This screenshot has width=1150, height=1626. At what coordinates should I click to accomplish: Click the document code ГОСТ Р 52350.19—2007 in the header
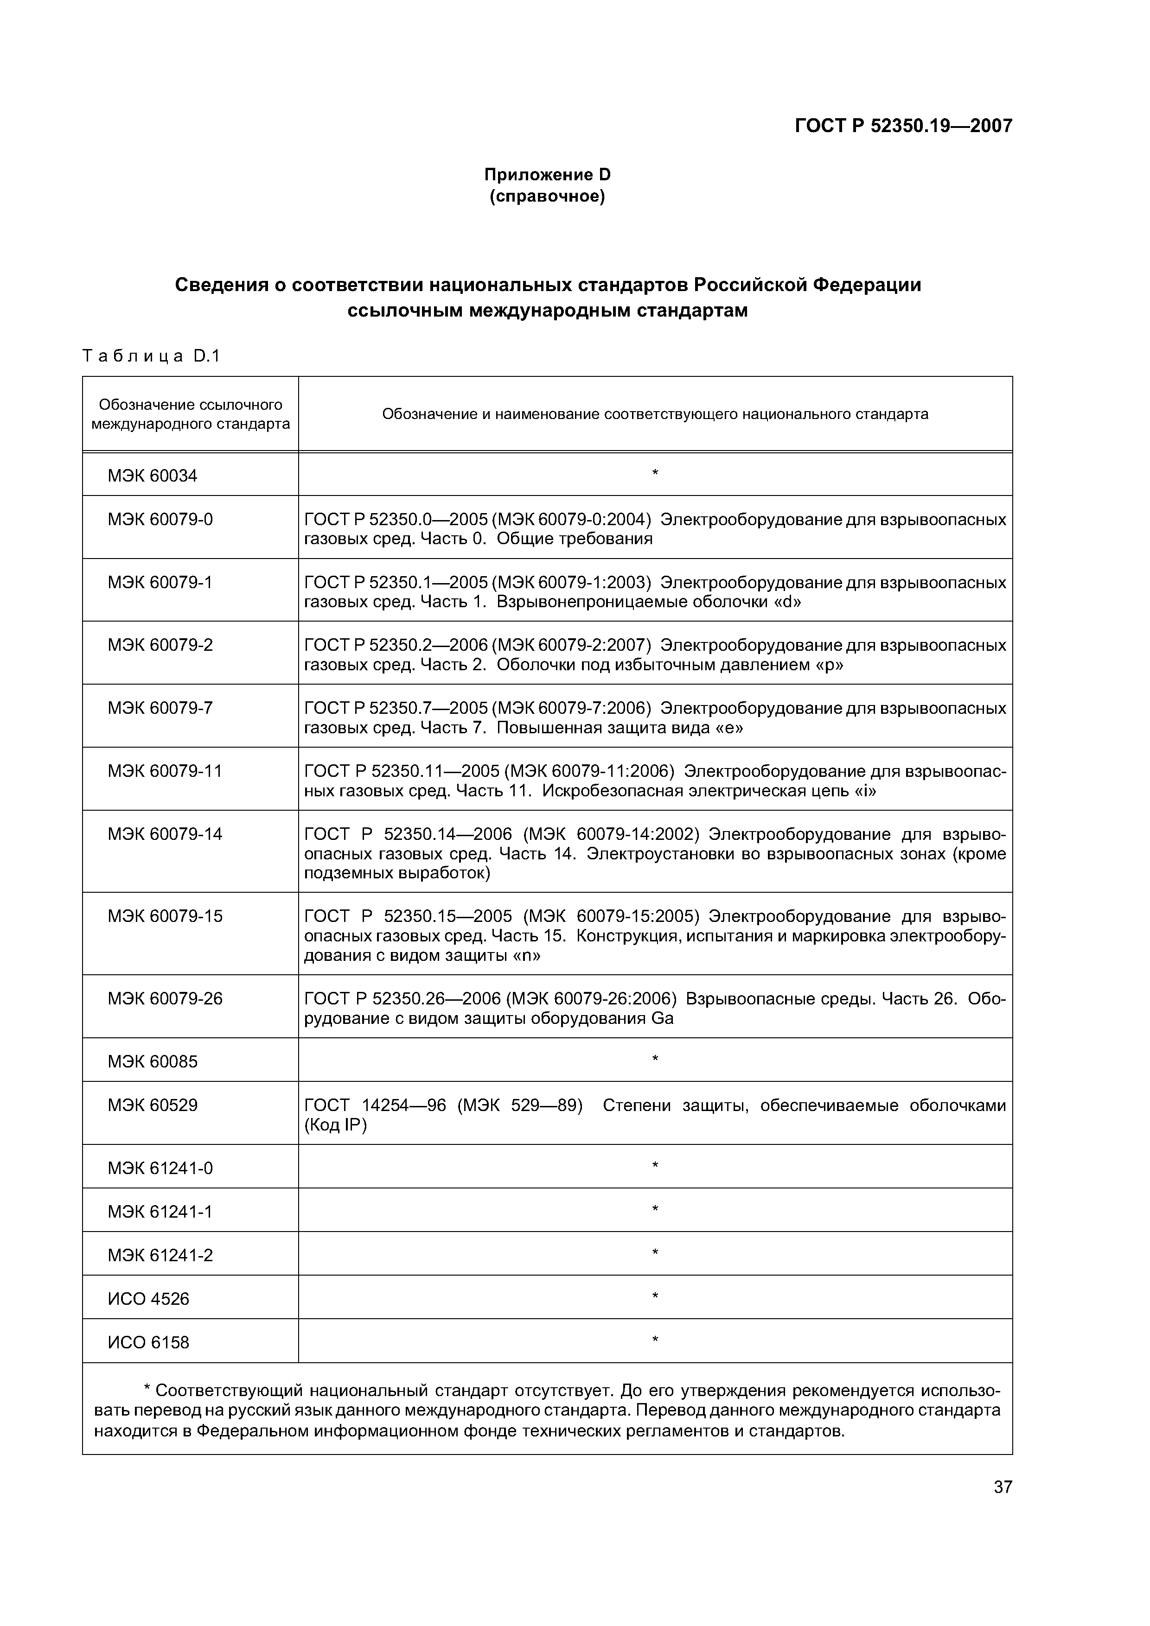903,126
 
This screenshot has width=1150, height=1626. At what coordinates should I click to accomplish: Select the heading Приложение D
547,174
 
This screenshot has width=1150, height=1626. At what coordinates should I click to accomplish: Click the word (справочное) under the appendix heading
547,196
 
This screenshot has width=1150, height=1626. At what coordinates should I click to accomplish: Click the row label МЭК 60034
153,475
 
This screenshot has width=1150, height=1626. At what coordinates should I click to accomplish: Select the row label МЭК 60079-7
160,707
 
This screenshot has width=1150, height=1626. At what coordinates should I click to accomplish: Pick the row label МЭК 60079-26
165,998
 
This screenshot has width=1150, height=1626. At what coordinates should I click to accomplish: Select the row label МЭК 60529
153,1105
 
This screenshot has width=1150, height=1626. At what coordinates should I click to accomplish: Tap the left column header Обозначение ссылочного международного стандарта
190,414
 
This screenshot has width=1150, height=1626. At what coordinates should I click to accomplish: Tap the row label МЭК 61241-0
160,1168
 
